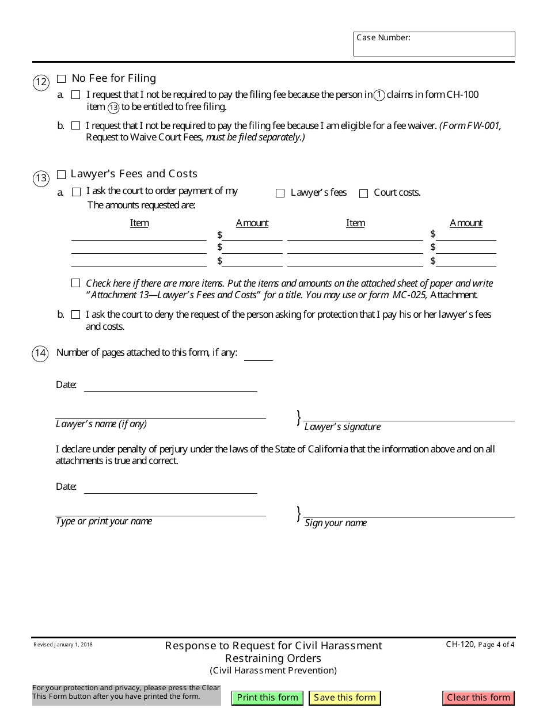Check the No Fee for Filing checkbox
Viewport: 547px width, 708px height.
click(x=62, y=79)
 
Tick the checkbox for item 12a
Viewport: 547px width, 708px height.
click(x=76, y=95)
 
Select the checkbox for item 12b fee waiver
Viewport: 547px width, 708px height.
click(x=76, y=125)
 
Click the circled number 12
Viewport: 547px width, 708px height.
click(x=41, y=83)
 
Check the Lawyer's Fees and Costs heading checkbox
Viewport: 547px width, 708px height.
click(x=62, y=174)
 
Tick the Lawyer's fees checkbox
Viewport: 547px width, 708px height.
click(x=280, y=193)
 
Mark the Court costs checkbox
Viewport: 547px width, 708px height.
click(x=363, y=193)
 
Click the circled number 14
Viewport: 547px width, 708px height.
click(x=40, y=353)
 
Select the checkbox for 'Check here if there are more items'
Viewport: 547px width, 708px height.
click(x=76, y=283)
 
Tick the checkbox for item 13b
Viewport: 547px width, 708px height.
click(x=76, y=315)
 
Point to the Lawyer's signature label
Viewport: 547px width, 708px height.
click(x=343, y=427)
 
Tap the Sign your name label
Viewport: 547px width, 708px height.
click(x=336, y=523)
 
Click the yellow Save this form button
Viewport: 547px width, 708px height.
click(x=345, y=698)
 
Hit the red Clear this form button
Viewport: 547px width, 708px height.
click(x=478, y=698)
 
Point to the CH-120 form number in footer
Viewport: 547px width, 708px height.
click(x=460, y=645)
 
